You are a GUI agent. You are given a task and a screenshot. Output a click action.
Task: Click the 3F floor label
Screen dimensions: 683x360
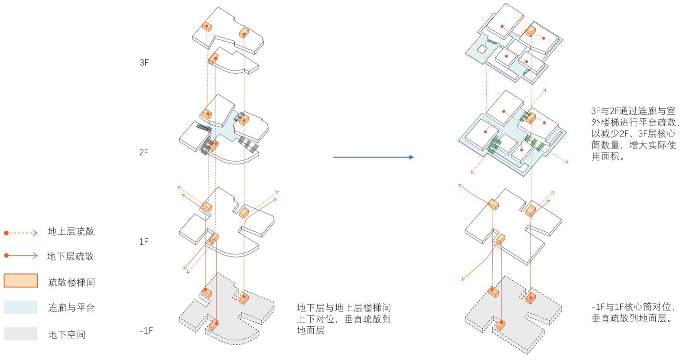coord(144,62)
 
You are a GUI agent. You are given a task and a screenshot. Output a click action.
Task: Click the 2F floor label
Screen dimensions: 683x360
coord(144,152)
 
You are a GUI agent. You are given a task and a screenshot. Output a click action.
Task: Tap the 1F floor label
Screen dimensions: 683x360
coord(143,242)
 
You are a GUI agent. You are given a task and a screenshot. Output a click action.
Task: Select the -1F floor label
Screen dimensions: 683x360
coord(146,331)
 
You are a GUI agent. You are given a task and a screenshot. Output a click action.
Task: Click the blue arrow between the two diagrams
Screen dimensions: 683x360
coord(374,157)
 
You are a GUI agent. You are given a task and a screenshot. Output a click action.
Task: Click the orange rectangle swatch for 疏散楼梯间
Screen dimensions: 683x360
coord(21,280)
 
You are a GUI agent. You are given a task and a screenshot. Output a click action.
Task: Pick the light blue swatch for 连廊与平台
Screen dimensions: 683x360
coord(21,307)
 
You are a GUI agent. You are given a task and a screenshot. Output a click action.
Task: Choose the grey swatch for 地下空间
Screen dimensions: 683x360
coord(21,334)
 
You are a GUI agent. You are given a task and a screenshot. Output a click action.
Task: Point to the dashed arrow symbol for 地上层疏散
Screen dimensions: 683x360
coord(21,233)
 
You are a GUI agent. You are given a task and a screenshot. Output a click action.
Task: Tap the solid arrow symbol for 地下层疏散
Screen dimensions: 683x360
coord(21,256)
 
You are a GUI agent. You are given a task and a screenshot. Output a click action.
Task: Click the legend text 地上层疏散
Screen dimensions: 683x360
coord(71,232)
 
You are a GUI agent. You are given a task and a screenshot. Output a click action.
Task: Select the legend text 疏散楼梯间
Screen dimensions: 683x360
coord(72,282)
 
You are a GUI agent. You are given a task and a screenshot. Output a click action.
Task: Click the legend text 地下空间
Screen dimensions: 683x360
coord(67,335)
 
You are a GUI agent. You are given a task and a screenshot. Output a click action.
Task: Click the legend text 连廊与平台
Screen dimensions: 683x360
coord(72,308)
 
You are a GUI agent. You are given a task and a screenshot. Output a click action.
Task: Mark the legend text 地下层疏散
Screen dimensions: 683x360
coord(71,256)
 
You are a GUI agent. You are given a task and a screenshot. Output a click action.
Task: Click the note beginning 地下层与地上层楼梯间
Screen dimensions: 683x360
coord(344,319)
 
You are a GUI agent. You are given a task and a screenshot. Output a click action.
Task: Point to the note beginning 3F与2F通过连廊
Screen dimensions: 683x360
coord(635,133)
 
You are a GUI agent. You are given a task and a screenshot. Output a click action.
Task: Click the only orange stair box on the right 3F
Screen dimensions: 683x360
coord(530,31)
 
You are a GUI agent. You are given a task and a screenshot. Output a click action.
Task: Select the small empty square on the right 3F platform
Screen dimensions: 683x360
coord(482,49)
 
